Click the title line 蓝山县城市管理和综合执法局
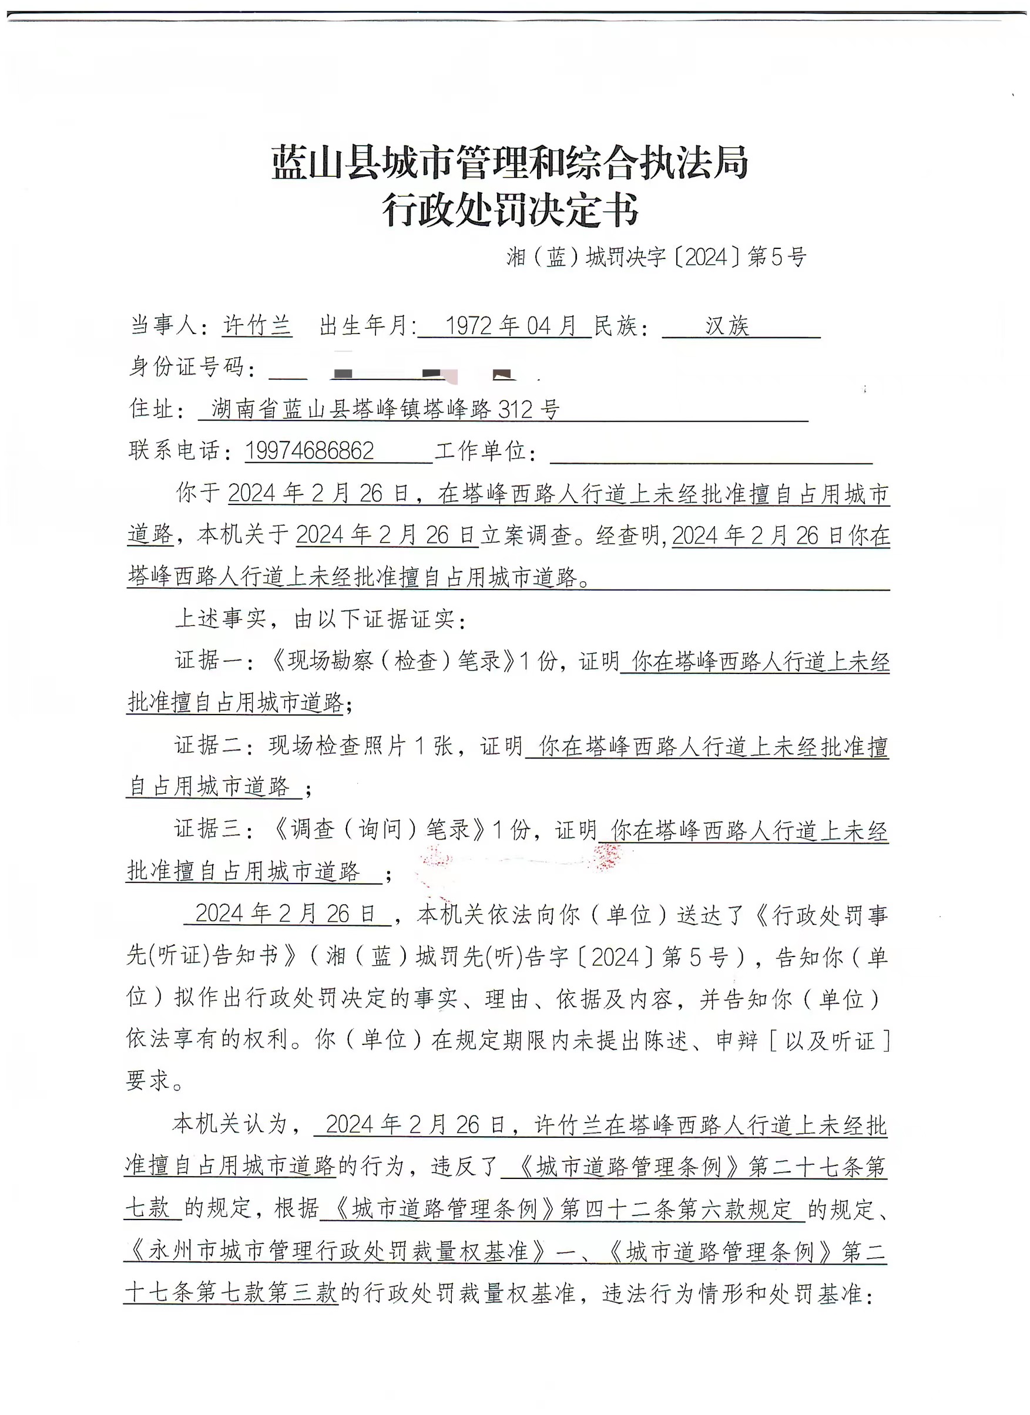[x=509, y=163]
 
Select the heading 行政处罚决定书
[x=509, y=210]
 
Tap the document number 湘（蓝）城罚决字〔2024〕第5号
[x=656, y=257]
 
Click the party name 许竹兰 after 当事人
[x=257, y=326]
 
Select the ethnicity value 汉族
[x=727, y=326]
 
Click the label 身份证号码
[x=186, y=367]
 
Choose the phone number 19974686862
[x=310, y=450]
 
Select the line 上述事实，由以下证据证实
[x=321, y=618]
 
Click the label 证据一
[x=209, y=660]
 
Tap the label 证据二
[x=209, y=745]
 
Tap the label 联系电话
[x=174, y=450]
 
